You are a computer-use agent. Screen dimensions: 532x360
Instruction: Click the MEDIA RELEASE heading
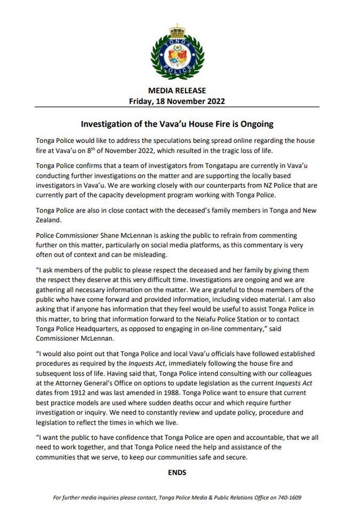tap(177, 91)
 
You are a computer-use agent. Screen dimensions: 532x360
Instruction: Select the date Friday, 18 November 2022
tap(177, 101)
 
